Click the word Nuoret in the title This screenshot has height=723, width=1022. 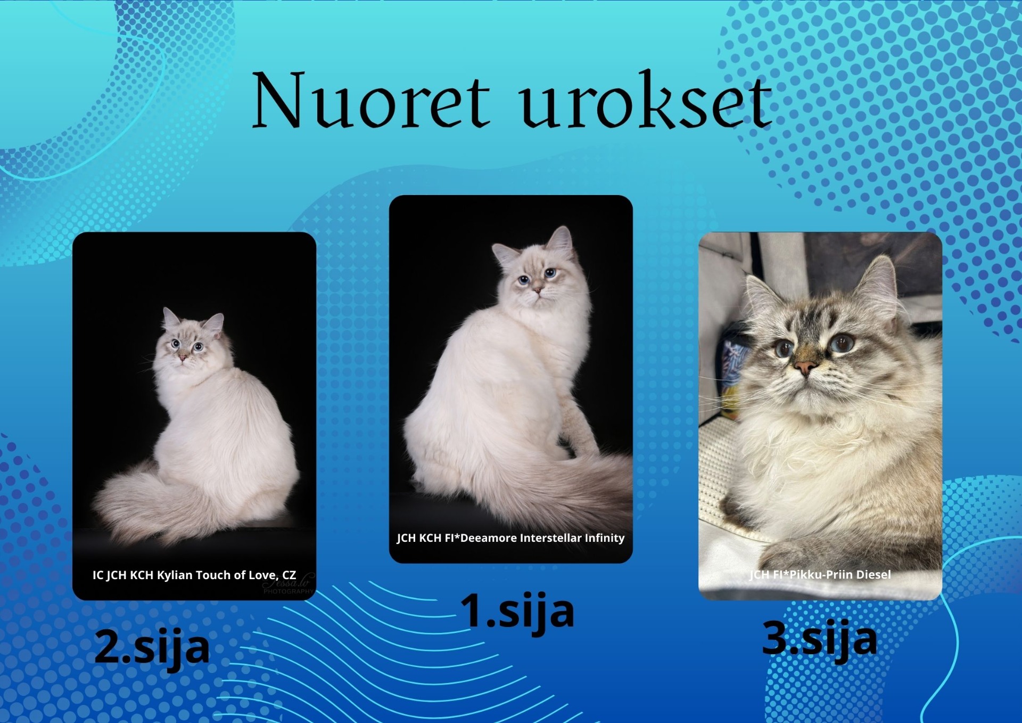click(x=370, y=100)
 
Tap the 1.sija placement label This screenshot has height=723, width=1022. click(x=517, y=611)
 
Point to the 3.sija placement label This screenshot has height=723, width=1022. click(x=819, y=638)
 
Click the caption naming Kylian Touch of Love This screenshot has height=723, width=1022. click(x=194, y=575)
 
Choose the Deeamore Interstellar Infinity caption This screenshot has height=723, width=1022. click(x=510, y=538)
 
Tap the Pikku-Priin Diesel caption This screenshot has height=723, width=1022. click(x=820, y=574)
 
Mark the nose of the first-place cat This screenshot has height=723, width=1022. click(x=537, y=290)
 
